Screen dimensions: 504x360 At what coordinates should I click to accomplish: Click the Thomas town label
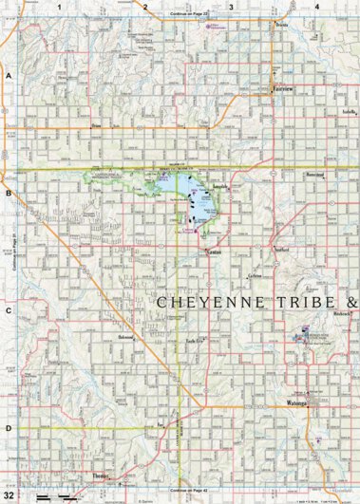pyautogui.click(x=102, y=476)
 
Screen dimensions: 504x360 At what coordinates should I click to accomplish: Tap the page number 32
pyautogui.click(x=9, y=495)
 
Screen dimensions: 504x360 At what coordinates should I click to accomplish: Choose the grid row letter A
pyautogui.click(x=8, y=74)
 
